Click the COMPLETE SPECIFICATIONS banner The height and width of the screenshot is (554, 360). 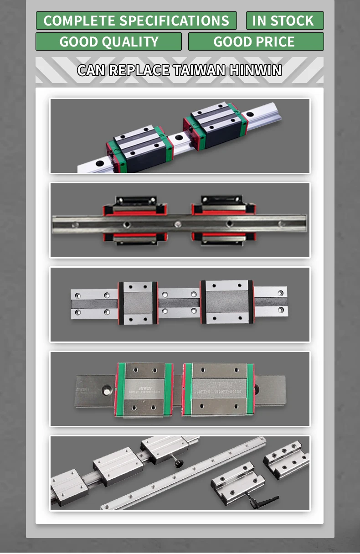pos(136,21)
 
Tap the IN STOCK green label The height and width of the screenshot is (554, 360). pos(285,21)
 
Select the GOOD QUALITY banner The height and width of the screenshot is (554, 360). pos(108,41)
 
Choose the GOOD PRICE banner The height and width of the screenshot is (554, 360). pos(256,41)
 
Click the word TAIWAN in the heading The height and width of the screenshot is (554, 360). pos(199,70)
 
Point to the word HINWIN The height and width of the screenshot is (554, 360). pos(255,70)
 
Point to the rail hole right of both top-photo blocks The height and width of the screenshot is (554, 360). pos(250,114)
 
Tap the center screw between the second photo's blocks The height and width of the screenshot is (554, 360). pos(179,224)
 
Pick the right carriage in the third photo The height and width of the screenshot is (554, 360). pos(227,302)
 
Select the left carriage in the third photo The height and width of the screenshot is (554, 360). pos(138,303)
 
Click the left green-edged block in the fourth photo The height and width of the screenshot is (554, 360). pos(144,389)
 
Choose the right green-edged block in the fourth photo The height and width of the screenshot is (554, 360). pos(219,389)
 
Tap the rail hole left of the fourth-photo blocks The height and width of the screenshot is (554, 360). pos(108,390)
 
